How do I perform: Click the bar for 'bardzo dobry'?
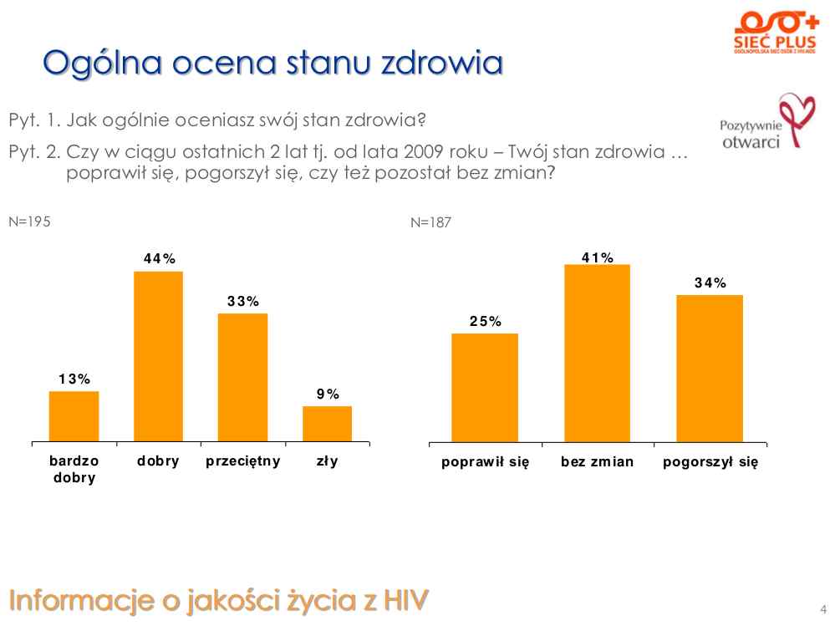click(74, 415)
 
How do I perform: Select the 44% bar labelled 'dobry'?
click(158, 356)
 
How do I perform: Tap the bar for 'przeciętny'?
click(242, 377)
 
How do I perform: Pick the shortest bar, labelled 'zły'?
click(327, 423)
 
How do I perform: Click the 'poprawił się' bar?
click(485, 387)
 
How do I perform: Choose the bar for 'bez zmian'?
click(597, 353)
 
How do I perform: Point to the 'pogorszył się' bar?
click(709, 368)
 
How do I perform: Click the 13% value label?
click(74, 379)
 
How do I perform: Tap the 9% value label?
click(327, 394)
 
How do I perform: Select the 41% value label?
click(598, 258)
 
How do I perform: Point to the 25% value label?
click(485, 321)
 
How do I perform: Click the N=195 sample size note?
click(29, 221)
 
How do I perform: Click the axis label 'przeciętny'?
click(242, 461)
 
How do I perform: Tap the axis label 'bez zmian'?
click(597, 462)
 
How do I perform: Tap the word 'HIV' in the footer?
click(406, 599)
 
